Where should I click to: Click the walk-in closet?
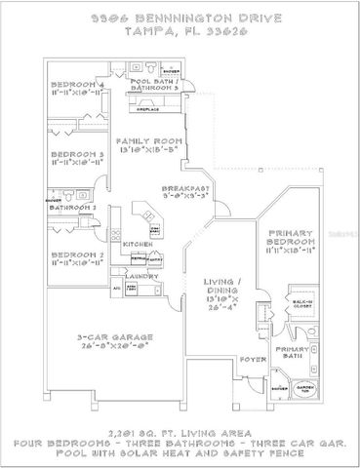(x=303, y=303)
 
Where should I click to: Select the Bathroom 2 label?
(x=72, y=208)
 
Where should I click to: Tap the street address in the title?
(x=180, y=19)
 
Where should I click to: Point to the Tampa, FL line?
(x=180, y=30)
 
